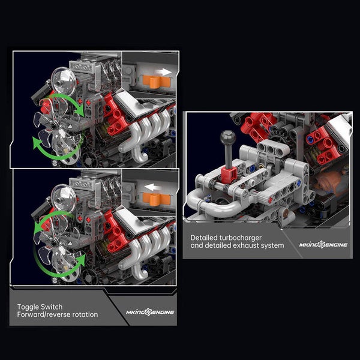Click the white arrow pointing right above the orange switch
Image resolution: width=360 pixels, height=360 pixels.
164,72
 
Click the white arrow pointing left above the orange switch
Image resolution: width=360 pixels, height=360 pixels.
153,187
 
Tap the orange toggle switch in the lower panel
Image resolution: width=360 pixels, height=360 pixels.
157,199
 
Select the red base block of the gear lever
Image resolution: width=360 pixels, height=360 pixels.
229,175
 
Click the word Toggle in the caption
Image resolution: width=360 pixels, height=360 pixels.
28,307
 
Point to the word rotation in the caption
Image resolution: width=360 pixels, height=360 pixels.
85,314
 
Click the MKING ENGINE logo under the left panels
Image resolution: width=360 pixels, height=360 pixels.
150,312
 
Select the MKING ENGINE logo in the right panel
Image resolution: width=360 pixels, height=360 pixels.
323,245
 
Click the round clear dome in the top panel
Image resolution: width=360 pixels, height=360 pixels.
64,82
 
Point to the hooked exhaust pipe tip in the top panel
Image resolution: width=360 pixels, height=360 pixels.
140,155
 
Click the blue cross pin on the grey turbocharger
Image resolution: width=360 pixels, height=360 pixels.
298,183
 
